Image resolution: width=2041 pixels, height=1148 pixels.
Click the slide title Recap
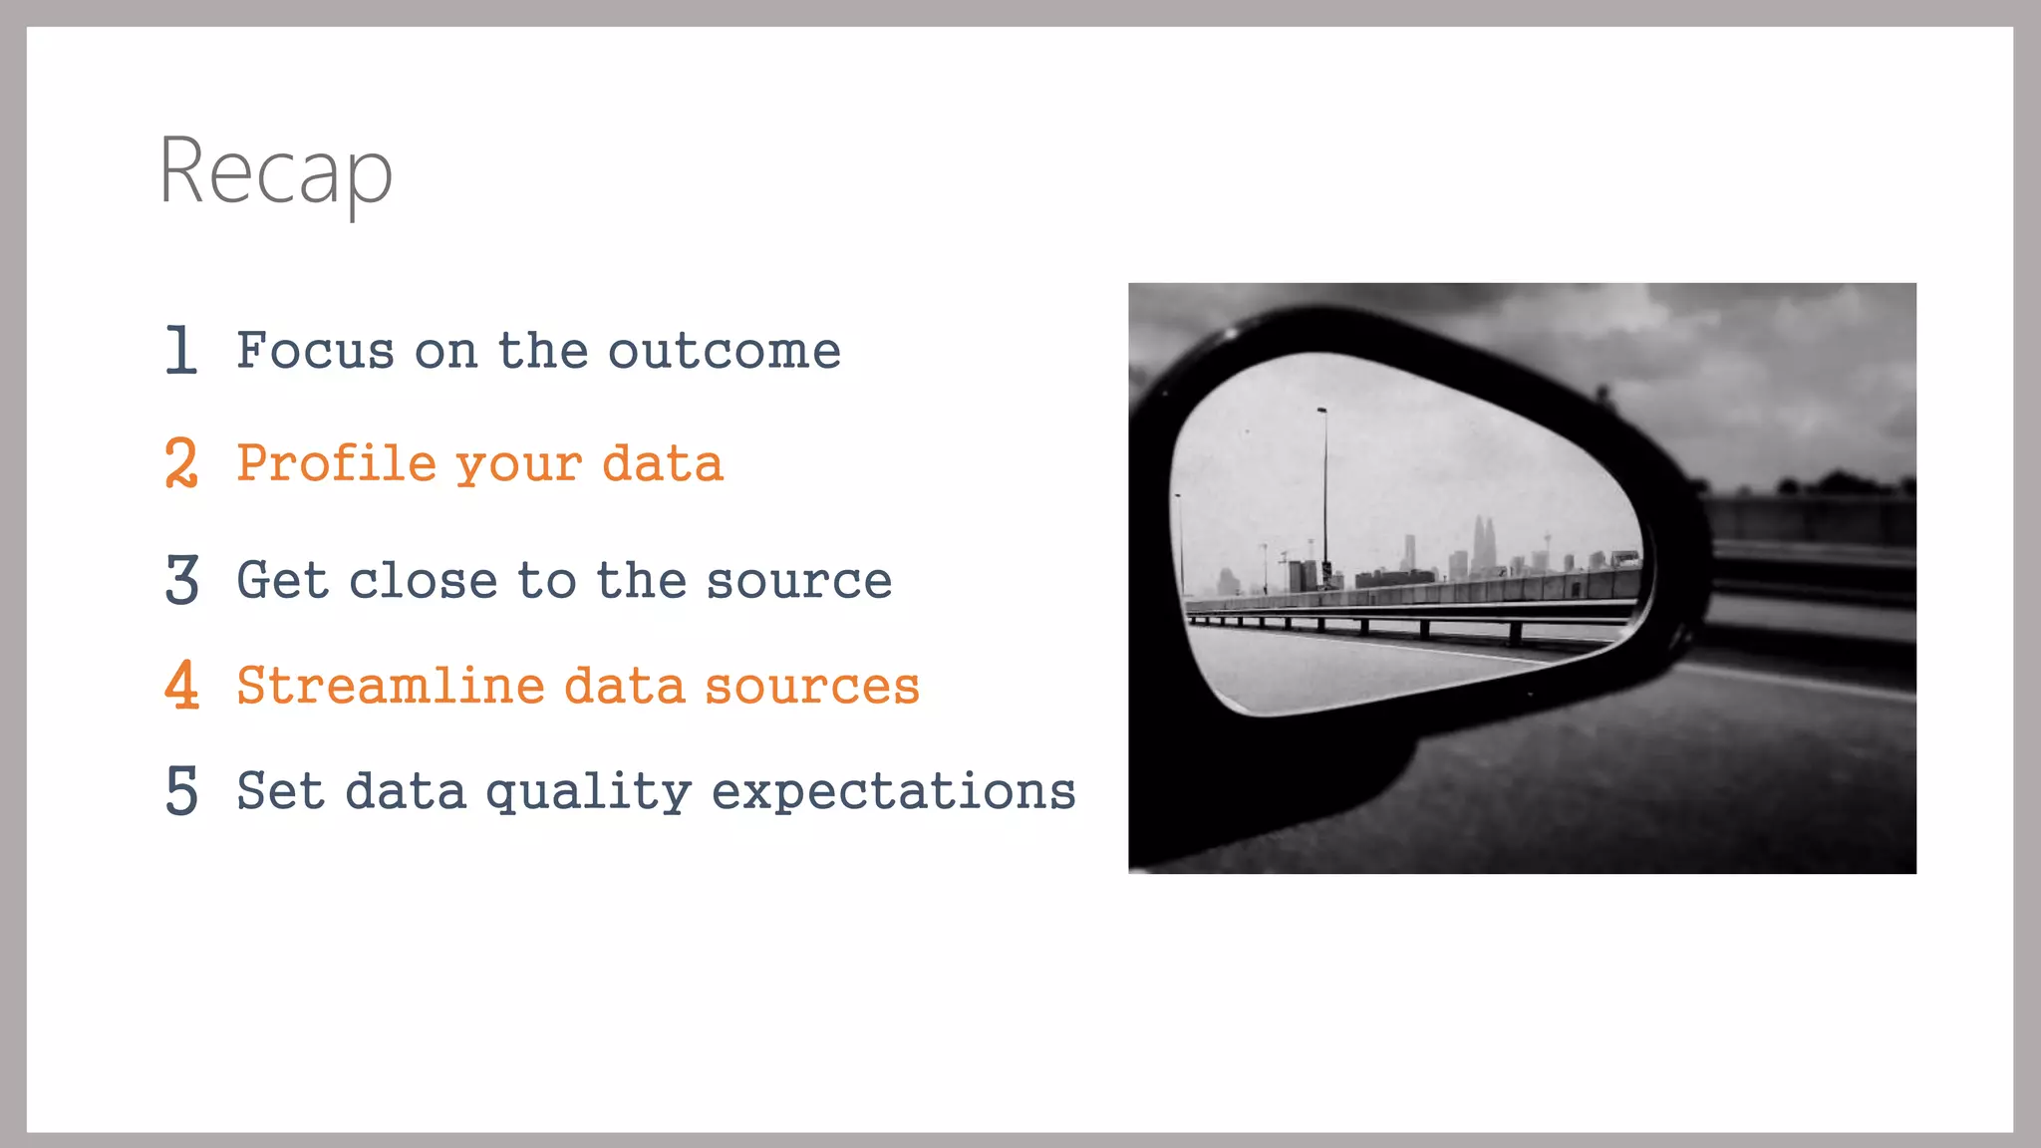click(276, 171)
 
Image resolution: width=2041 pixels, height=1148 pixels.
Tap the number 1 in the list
click(181, 350)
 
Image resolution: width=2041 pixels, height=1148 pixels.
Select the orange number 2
click(181, 463)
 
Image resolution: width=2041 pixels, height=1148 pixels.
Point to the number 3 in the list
click(182, 580)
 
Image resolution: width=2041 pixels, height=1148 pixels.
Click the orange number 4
click(182, 686)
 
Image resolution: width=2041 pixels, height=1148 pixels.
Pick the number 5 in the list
click(182, 791)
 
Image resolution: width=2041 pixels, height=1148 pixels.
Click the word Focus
click(315, 351)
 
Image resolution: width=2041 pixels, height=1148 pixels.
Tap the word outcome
click(725, 351)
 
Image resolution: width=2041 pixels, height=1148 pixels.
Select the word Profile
click(337, 463)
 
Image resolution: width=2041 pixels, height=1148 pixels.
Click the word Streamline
click(390, 686)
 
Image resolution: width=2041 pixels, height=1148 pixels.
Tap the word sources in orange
click(812, 686)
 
